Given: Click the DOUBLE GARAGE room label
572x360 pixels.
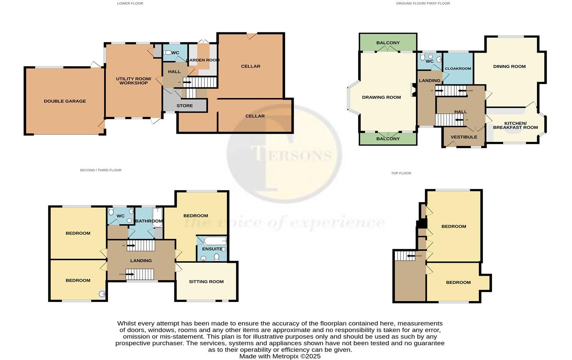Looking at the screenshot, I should pyautogui.click(x=65, y=101).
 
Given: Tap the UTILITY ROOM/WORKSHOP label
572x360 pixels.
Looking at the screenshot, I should pyautogui.click(x=133, y=81).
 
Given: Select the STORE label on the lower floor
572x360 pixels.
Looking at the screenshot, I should pyautogui.click(x=185, y=106).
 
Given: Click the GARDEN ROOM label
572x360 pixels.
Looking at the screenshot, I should pyautogui.click(x=203, y=60).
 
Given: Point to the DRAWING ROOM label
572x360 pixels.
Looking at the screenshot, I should pyautogui.click(x=381, y=97).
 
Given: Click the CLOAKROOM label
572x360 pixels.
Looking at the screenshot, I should pyautogui.click(x=457, y=68).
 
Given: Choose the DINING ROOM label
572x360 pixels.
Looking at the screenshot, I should pyautogui.click(x=509, y=67).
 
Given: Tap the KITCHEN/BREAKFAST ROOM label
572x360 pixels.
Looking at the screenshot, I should pyautogui.click(x=515, y=125).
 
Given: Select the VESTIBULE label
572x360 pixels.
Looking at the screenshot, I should pyautogui.click(x=464, y=137).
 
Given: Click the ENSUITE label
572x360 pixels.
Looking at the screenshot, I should pyautogui.click(x=212, y=249).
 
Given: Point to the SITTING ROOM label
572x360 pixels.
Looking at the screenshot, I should pyautogui.click(x=206, y=282).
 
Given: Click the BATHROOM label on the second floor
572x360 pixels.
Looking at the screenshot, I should pyautogui.click(x=149, y=221).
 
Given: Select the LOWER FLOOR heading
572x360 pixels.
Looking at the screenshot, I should pyautogui.click(x=130, y=3).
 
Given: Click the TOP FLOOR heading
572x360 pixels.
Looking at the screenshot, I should pyautogui.click(x=401, y=173).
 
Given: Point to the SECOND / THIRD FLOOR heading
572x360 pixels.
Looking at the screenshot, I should pyautogui.click(x=100, y=170).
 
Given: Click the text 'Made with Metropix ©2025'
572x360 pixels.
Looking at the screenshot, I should pyautogui.click(x=279, y=356).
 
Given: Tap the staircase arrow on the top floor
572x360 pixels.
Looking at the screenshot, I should pyautogui.click(x=410, y=256).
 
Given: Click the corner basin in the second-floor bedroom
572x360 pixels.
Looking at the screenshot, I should pyautogui.click(x=102, y=294).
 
